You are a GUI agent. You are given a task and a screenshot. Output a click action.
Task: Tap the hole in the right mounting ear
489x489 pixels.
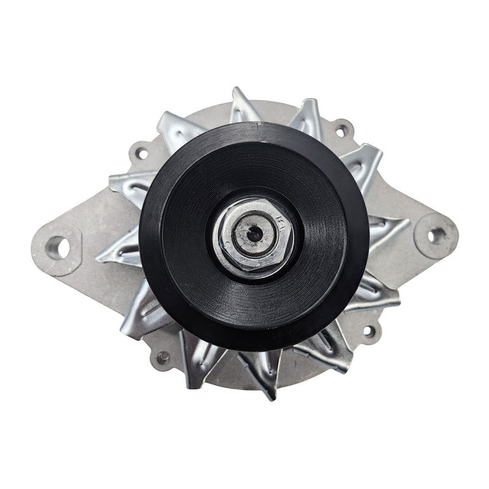[435, 235]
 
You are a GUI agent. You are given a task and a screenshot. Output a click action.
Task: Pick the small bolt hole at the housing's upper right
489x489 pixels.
[342, 130]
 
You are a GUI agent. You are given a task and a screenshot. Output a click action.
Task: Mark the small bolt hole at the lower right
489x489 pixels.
[368, 332]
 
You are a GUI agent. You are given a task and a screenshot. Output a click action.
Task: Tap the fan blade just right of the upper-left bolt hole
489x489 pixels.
[177, 128]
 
